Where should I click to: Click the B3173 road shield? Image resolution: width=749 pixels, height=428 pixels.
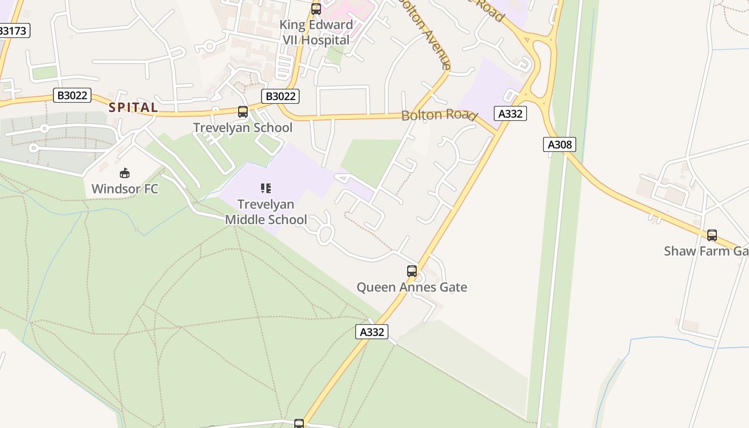[x=12, y=30]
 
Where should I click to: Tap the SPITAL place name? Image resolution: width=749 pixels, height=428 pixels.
[x=133, y=107]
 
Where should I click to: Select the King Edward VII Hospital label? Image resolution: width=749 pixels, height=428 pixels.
[x=316, y=32]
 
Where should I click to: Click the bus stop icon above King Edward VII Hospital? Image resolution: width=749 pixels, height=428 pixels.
[x=316, y=9]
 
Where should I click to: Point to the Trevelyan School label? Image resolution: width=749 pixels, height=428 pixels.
[x=242, y=128]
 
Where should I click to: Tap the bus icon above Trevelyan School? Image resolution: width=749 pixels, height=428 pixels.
[x=243, y=112]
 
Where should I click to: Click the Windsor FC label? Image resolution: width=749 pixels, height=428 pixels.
[x=125, y=189]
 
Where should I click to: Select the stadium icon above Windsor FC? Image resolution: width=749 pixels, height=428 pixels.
[x=125, y=173]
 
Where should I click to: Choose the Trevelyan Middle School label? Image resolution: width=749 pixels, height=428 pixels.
[x=266, y=212]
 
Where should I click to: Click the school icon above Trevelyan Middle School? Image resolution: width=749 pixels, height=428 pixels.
[x=266, y=188]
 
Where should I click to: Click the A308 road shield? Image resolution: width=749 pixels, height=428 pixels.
[x=560, y=144]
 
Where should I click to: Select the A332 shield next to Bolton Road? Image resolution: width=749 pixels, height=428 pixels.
[x=510, y=113]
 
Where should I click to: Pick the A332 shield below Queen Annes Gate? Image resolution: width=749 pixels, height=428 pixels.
[x=372, y=332]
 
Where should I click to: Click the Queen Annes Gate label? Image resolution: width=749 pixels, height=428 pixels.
[x=412, y=287]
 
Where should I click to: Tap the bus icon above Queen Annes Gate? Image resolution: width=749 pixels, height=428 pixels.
[x=411, y=271]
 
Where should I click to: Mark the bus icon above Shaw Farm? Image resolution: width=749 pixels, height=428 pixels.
[x=712, y=235]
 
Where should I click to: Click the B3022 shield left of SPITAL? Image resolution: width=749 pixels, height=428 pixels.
[x=73, y=96]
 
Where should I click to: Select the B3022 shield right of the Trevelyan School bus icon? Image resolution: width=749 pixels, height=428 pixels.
[x=280, y=96]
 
